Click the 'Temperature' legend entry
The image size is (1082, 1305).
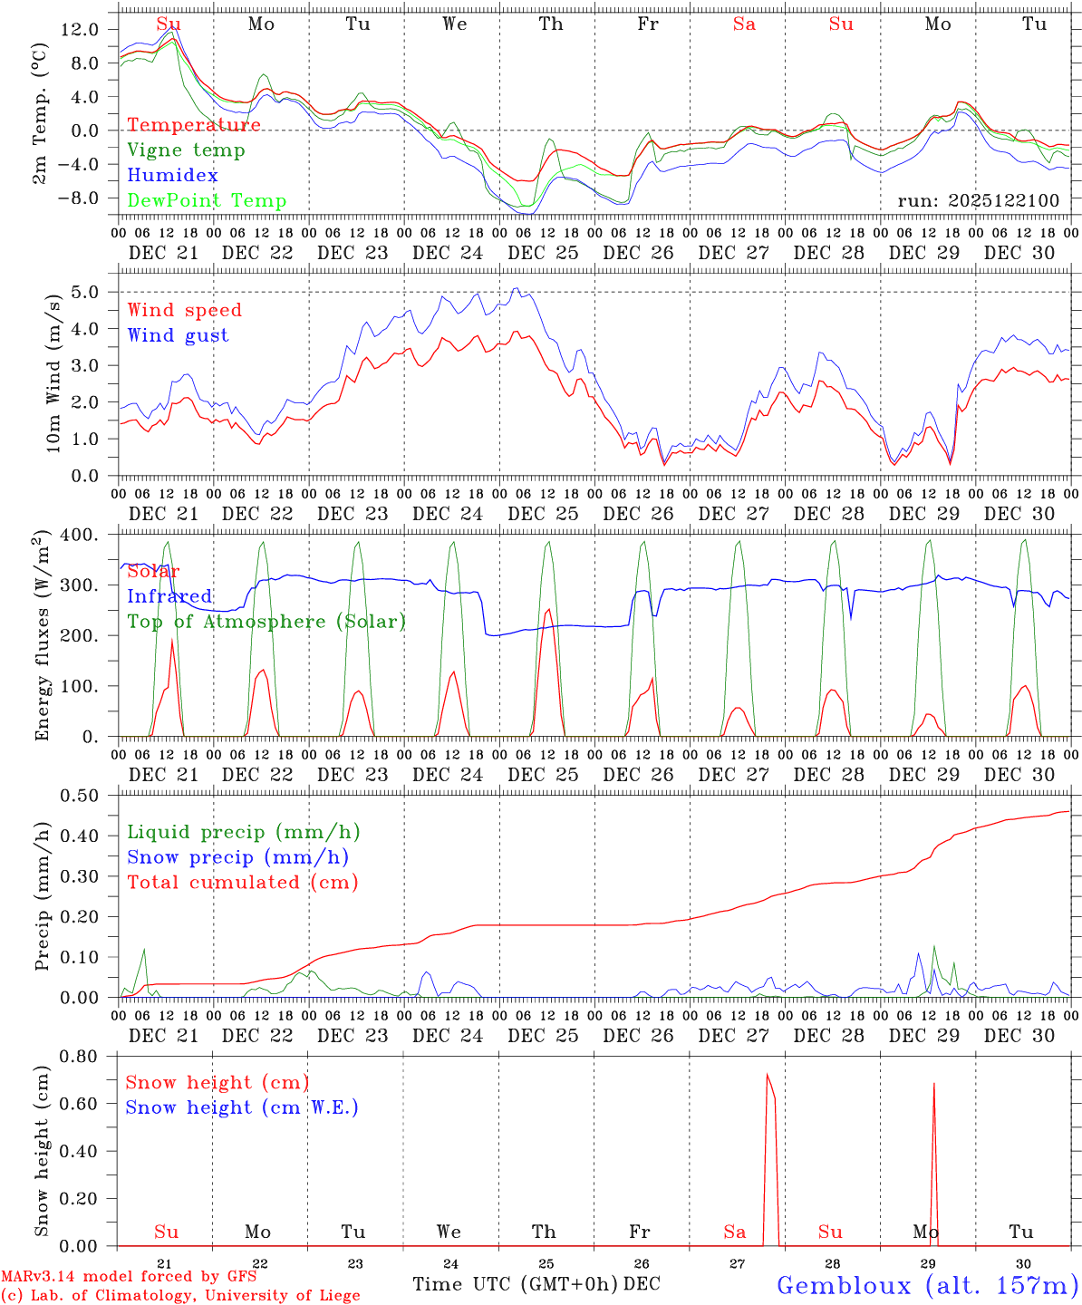pos(193,125)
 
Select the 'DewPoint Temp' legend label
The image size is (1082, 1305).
pos(207,201)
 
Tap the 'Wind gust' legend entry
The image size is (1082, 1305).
pos(178,335)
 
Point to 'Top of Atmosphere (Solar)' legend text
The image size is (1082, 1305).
pos(266,622)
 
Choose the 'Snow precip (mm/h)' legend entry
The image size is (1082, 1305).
pos(237,857)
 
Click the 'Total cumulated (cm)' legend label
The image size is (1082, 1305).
pos(242,883)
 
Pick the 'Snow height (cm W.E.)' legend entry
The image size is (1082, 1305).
pos(242,1107)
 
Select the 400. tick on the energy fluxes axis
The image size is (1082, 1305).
pos(80,535)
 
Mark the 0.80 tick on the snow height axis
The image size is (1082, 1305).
pos(79,1056)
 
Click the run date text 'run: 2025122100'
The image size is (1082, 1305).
pos(978,200)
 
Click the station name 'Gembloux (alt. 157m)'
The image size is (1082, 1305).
pos(927,1285)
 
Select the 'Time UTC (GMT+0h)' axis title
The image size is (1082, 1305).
pos(515,1284)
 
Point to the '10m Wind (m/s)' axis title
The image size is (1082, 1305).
pos(53,372)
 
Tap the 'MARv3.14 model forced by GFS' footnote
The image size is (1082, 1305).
pos(129,1277)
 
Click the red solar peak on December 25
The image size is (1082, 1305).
pos(548,611)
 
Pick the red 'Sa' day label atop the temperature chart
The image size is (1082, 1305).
pos(744,24)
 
